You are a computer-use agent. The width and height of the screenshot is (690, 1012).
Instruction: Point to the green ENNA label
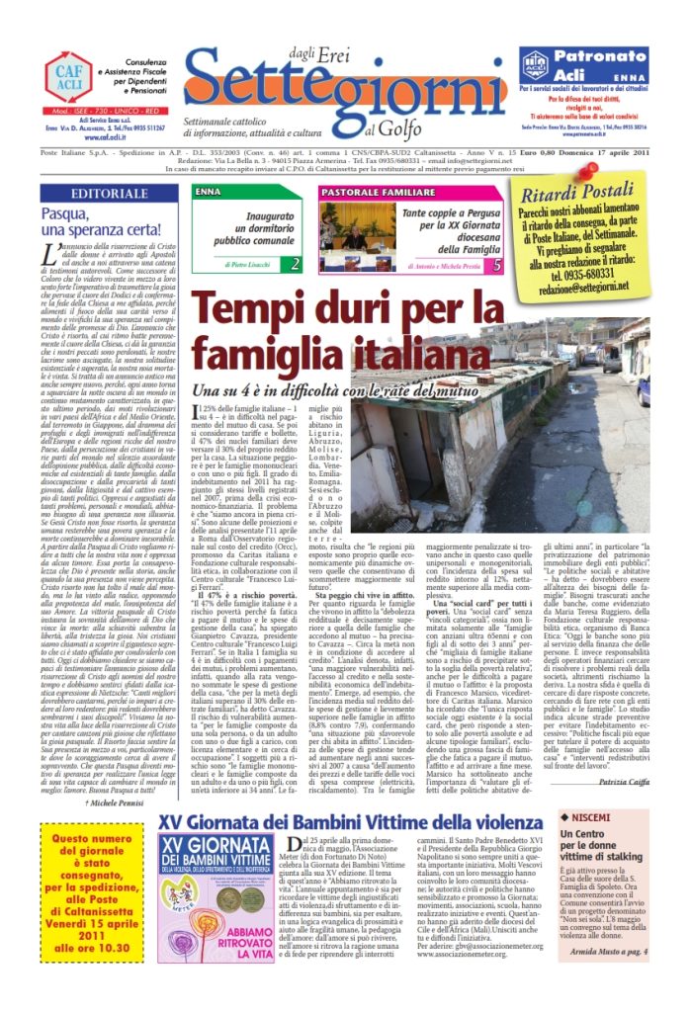[x=210, y=190]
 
